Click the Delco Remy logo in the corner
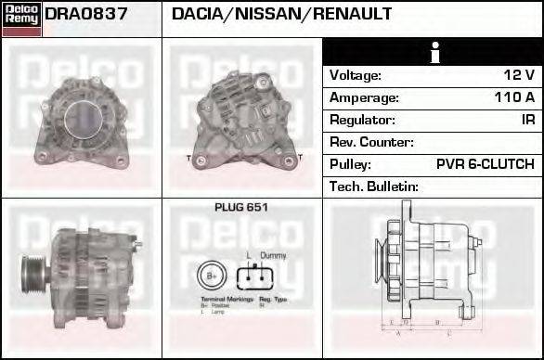click(x=21, y=19)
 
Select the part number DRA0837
click(x=86, y=15)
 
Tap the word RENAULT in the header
click(x=353, y=15)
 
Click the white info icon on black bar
click(x=433, y=52)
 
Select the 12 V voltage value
click(x=518, y=75)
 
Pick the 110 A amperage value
click(x=514, y=97)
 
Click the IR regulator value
click(x=527, y=120)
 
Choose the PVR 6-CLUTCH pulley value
click(x=486, y=164)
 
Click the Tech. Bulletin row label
click(x=374, y=186)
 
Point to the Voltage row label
click(x=356, y=75)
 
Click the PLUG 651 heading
click(x=241, y=208)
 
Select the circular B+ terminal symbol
click(x=210, y=276)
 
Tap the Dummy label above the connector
click(x=272, y=254)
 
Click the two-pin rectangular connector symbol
click(x=255, y=276)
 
